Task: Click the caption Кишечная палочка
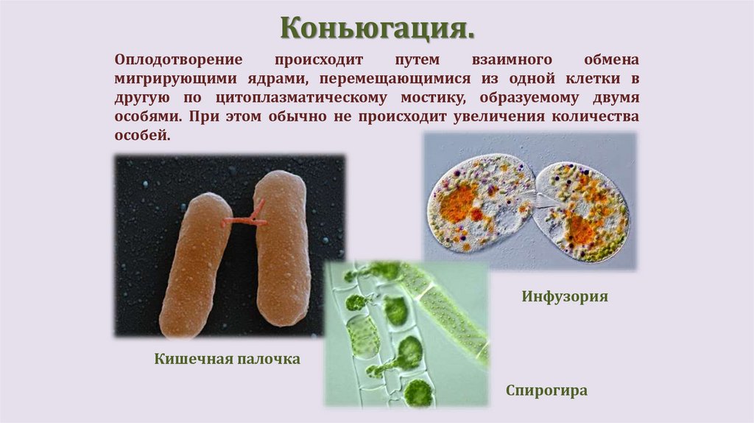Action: click(x=228, y=359)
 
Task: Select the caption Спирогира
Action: click(x=546, y=390)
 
